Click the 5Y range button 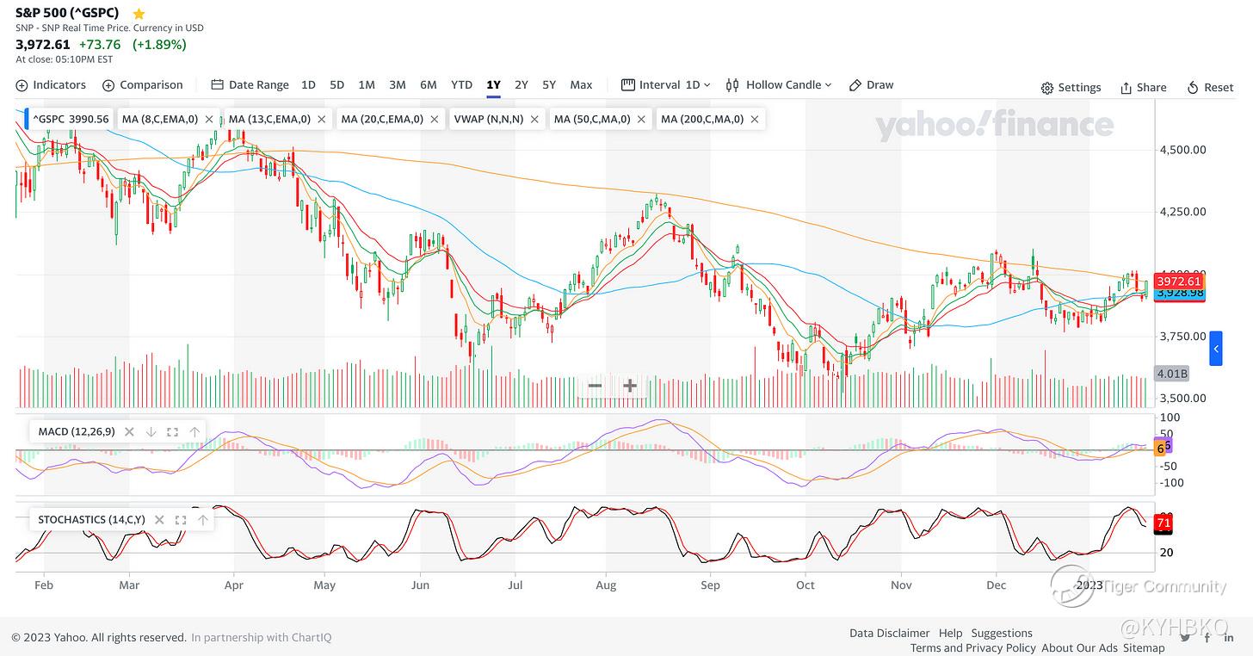(x=549, y=84)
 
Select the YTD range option (x=461, y=84)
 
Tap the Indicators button (x=51, y=84)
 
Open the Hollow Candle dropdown (x=780, y=84)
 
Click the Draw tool (x=871, y=84)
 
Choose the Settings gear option (x=1071, y=87)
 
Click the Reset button (x=1210, y=87)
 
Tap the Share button (x=1143, y=87)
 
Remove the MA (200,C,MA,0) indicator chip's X (x=755, y=119)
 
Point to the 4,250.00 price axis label (x=1183, y=212)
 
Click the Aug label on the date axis (x=606, y=585)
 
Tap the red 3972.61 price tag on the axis (x=1178, y=282)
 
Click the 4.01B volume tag (x=1172, y=374)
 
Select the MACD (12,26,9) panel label (x=76, y=431)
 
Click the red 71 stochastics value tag (x=1163, y=523)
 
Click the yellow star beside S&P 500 (x=139, y=13)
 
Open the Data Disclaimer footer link (x=889, y=633)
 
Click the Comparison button (x=143, y=84)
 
